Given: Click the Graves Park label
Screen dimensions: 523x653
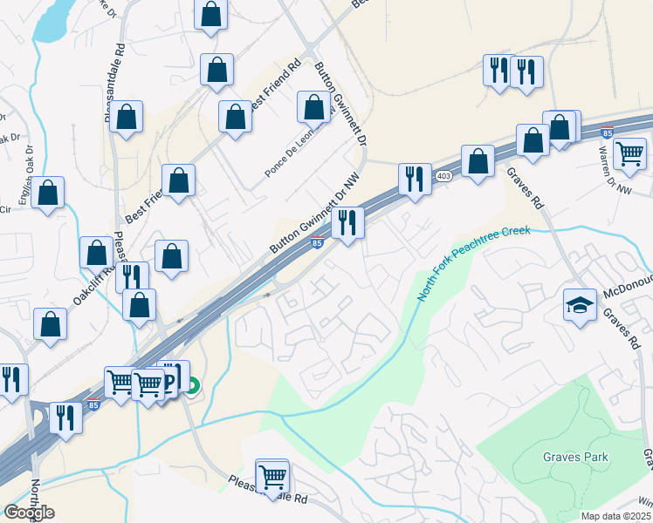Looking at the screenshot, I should (x=575, y=457).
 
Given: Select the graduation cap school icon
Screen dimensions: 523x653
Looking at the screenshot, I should (x=579, y=306).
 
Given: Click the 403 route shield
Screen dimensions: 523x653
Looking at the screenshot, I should (x=443, y=176).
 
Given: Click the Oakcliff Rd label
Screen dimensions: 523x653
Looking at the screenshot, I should (x=93, y=285).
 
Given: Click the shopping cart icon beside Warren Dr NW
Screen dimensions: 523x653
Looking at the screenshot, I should (x=630, y=154).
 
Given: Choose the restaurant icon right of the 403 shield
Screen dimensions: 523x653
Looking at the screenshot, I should (x=415, y=180).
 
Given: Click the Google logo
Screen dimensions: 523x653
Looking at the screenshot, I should (x=29, y=513).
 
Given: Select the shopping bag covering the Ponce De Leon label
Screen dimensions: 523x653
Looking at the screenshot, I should (x=314, y=107).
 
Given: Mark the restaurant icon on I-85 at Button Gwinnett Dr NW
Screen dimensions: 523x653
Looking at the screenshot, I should (x=348, y=223).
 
